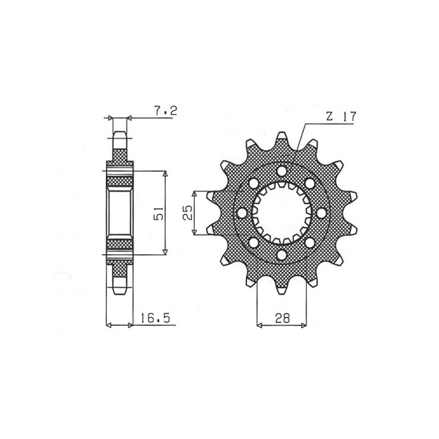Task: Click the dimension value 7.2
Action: coord(165,111)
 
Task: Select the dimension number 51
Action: coord(158,213)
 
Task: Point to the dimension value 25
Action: coord(187,213)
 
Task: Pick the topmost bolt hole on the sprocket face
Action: coord(282,171)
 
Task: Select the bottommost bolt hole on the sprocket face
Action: coord(282,255)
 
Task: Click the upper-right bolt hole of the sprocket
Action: coord(311,183)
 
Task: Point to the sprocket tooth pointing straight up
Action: coord(282,137)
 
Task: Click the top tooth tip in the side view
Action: coord(120,133)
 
